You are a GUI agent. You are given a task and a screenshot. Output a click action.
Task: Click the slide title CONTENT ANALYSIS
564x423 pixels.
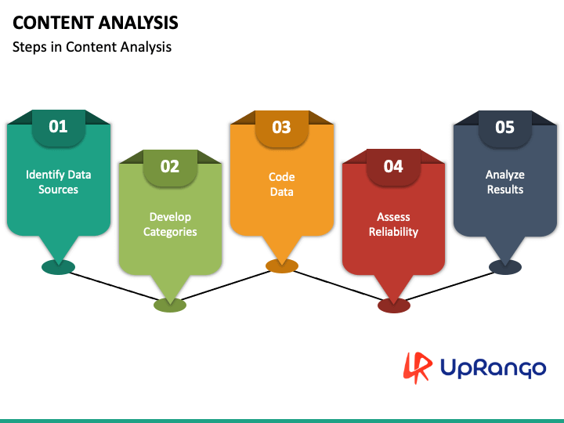[x=96, y=23]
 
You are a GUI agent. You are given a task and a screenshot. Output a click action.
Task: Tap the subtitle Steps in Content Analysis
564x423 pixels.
[x=92, y=47]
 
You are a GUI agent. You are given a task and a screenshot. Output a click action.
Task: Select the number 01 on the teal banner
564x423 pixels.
[x=58, y=127]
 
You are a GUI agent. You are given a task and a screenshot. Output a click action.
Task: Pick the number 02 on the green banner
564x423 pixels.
[x=170, y=167]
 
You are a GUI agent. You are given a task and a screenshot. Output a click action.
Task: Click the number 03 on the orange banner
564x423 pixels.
[x=282, y=128]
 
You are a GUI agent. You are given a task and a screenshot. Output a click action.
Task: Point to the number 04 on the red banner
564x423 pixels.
[x=393, y=167]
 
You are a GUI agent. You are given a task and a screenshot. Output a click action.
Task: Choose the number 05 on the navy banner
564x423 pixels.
[x=505, y=128]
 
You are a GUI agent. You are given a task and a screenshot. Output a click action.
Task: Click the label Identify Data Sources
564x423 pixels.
[x=58, y=182]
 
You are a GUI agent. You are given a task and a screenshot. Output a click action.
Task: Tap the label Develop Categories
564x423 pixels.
[x=170, y=225]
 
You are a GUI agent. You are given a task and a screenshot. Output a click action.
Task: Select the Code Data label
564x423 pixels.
[x=282, y=184]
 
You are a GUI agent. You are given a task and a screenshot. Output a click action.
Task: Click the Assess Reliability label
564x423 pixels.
[x=393, y=225]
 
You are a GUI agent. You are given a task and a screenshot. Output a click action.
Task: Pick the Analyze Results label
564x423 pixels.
[x=505, y=182]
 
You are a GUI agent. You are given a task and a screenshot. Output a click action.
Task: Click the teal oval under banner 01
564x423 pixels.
[x=58, y=268]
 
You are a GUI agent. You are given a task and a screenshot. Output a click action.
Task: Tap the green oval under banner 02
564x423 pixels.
[x=170, y=305]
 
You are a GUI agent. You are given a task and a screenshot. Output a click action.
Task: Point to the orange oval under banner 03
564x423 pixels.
[x=282, y=266]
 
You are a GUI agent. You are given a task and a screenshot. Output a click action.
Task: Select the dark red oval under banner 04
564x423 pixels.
[x=394, y=305]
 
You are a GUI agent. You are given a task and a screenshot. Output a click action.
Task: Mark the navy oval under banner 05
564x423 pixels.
[x=505, y=268]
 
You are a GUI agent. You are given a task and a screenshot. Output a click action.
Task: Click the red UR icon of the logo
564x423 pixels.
[x=418, y=367]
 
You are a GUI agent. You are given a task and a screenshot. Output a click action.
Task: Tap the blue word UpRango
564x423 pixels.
[x=493, y=368]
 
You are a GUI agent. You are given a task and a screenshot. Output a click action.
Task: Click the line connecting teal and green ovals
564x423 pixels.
[x=114, y=287]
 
